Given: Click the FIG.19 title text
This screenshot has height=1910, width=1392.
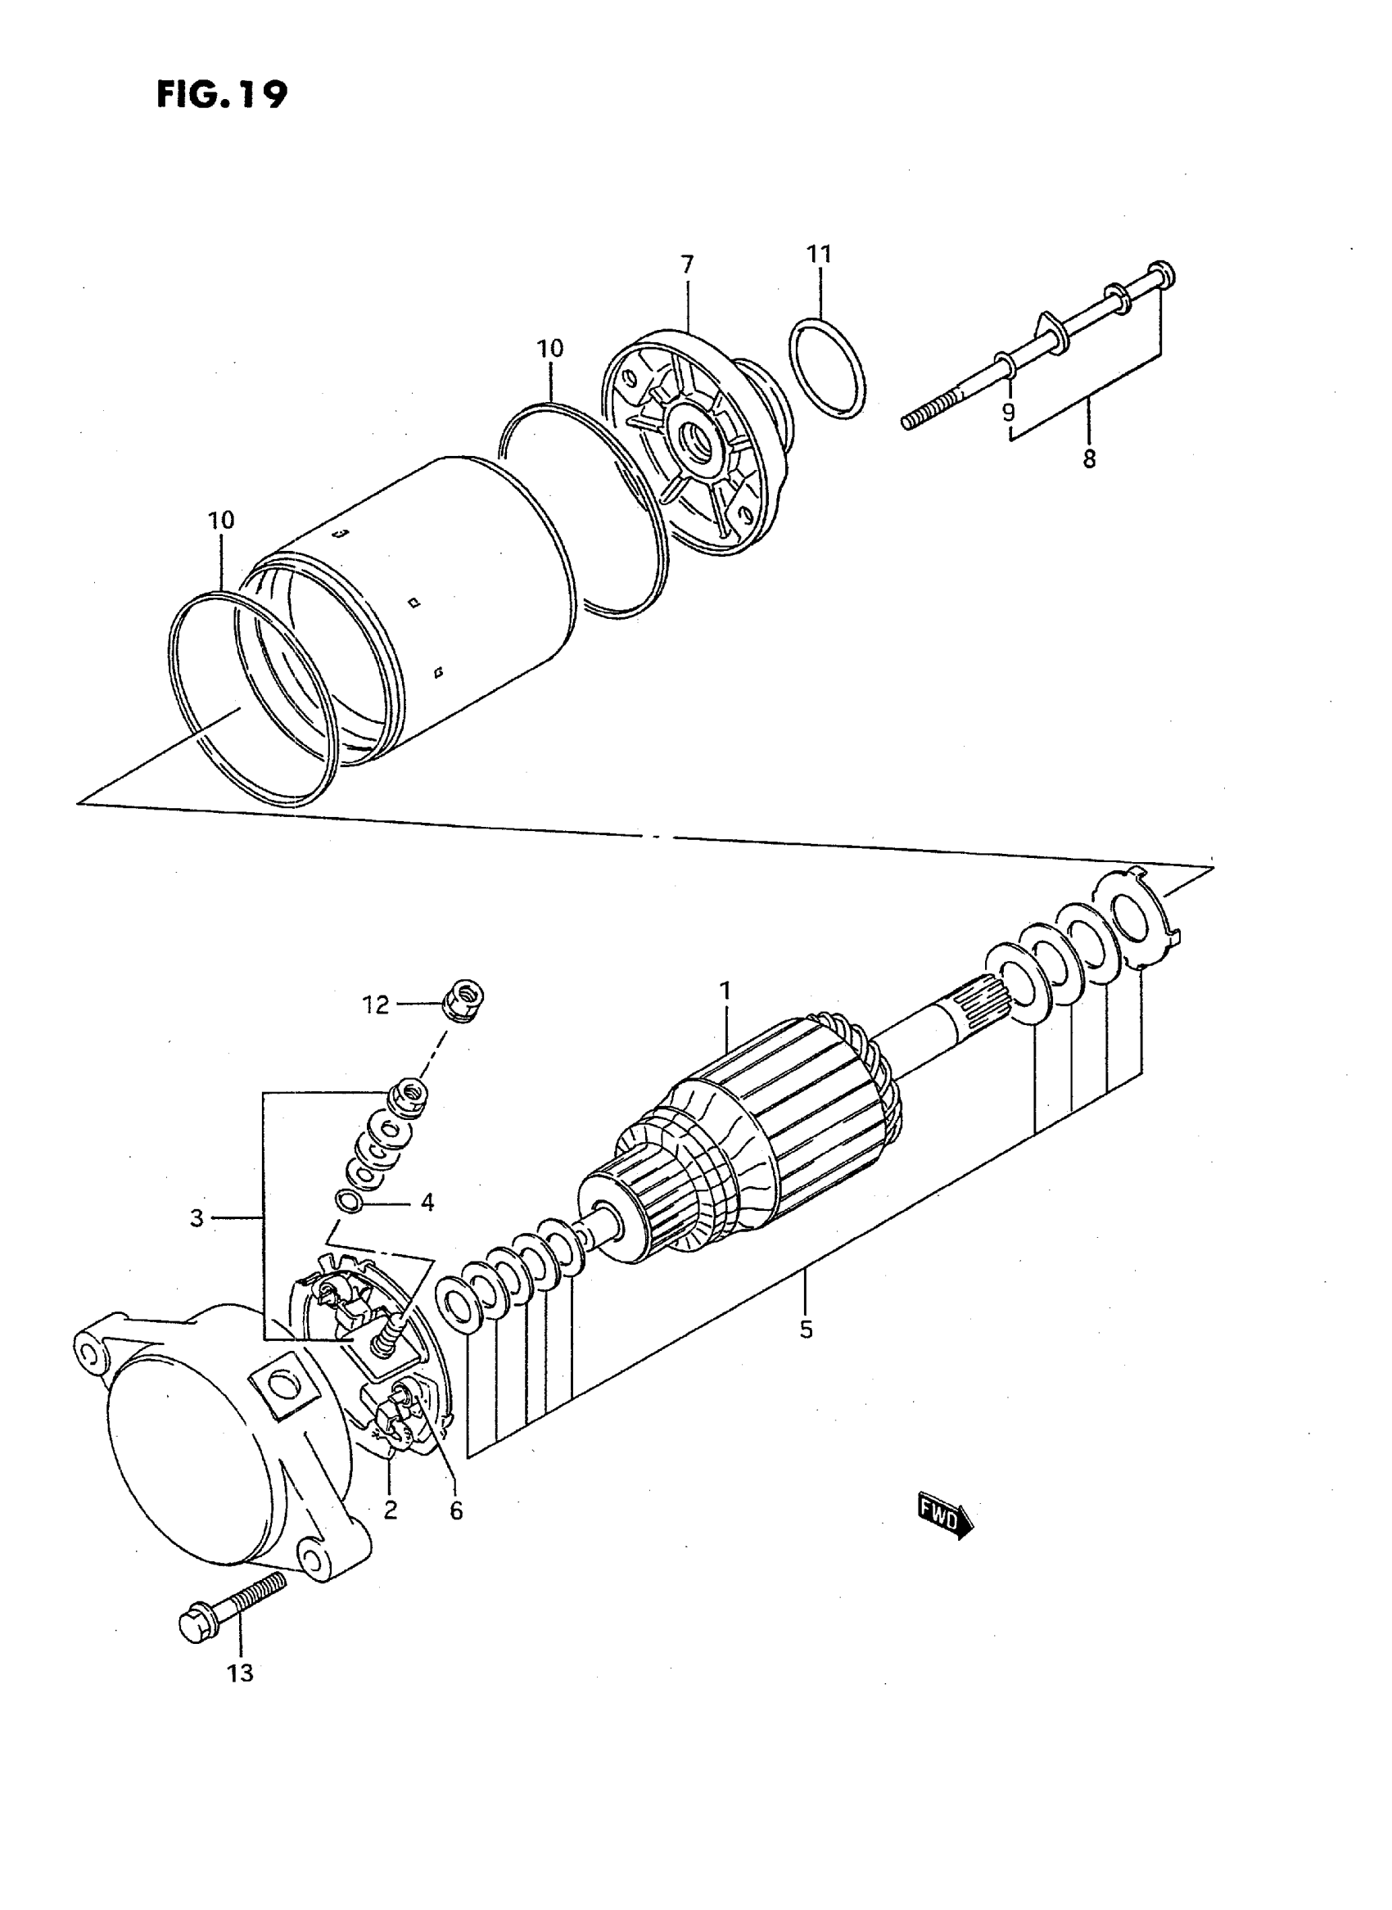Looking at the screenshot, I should coord(222,94).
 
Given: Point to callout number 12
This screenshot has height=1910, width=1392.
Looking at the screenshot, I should coord(376,1005).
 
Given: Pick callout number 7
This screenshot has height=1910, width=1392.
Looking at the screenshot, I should coord(688,264).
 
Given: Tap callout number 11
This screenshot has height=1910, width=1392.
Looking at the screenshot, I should coord(819,254).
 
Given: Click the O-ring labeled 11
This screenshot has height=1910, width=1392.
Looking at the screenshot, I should coord(828,368).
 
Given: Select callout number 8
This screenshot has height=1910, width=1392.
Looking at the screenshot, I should coord(1089,459).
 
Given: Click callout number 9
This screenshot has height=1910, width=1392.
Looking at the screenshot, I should coord(1008,412).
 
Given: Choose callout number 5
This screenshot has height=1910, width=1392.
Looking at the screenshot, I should coord(807,1330).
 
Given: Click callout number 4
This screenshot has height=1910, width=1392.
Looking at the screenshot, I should coord(427,1203).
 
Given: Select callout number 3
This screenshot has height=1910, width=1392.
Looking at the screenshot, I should coord(197,1217).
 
